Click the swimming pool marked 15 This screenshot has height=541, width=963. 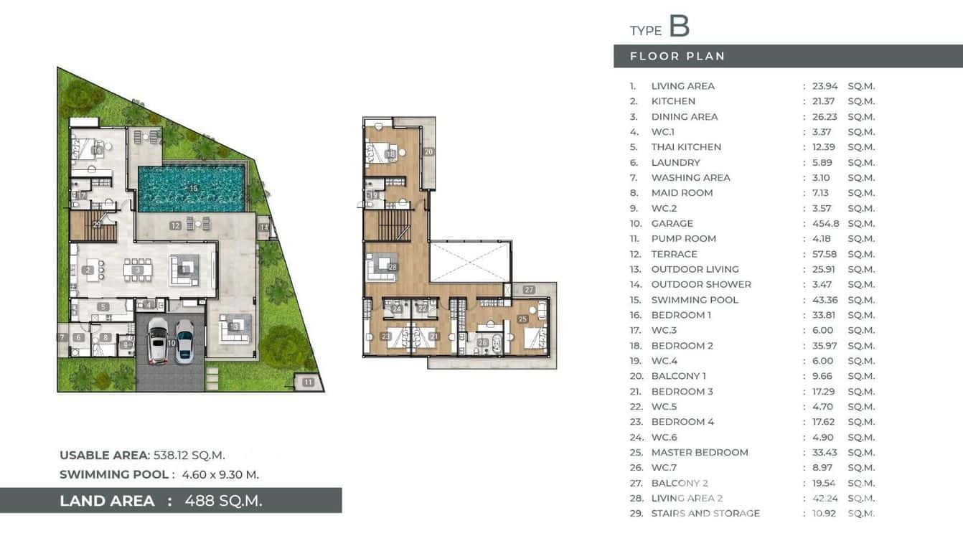point(191,188)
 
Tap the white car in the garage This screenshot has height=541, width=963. point(157,340)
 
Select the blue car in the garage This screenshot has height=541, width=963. point(185,340)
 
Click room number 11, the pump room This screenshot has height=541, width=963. point(308,382)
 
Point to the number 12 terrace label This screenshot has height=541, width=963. point(175,225)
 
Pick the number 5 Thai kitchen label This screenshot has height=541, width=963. point(104,307)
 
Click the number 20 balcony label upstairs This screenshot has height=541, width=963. point(428,151)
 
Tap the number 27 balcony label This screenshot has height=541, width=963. point(529,290)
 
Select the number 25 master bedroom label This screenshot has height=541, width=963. point(522,319)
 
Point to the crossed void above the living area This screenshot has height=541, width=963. point(470,261)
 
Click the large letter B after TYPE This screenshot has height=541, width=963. point(679,26)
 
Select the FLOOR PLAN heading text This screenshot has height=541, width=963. point(677,56)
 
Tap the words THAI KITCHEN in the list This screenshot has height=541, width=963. point(686,147)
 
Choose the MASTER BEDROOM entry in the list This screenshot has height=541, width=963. point(699,452)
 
